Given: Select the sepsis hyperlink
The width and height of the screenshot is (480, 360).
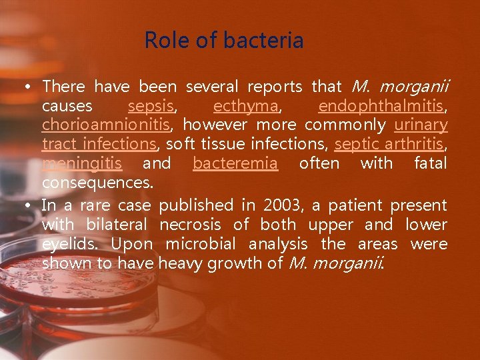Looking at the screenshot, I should pyautogui.click(x=151, y=106).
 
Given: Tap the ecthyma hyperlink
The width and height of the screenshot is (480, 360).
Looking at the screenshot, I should pyautogui.click(x=245, y=106).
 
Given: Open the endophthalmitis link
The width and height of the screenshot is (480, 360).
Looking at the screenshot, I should pyautogui.click(x=382, y=106).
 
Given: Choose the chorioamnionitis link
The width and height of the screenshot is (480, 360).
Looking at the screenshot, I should pyautogui.click(x=107, y=125).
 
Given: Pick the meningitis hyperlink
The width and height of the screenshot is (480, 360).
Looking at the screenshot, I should pyautogui.click(x=82, y=163).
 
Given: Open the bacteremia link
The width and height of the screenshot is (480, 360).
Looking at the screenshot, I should pyautogui.click(x=235, y=163).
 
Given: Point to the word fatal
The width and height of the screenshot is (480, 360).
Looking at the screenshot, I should pyautogui.click(x=430, y=163).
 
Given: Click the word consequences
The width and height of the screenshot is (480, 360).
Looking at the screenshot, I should pyautogui.click(x=97, y=182).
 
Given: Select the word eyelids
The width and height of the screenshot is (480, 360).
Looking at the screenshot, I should pyautogui.click(x=69, y=244).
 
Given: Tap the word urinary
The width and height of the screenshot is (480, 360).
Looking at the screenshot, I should pyautogui.click(x=421, y=125).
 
